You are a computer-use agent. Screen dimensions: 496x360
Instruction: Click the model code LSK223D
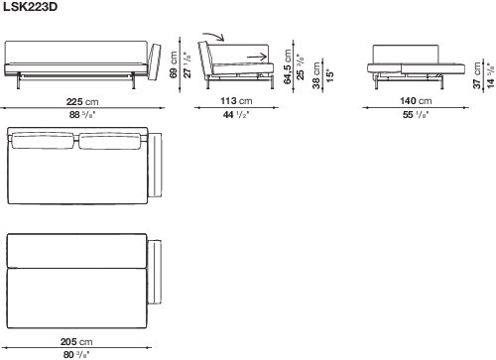(30, 7)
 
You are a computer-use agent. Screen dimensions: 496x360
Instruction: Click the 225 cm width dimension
(82, 101)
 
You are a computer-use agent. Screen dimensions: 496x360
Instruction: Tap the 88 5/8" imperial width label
(82, 115)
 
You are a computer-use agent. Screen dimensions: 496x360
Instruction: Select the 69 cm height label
(174, 64)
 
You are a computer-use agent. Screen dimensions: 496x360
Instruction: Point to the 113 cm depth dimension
(236, 100)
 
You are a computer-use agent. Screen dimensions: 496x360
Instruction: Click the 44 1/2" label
(236, 115)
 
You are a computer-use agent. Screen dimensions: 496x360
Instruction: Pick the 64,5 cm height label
(287, 66)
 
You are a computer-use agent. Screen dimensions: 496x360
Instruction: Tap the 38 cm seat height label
(316, 75)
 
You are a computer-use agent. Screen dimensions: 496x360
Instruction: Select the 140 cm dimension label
(416, 100)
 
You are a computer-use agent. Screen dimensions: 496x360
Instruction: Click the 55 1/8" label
(416, 115)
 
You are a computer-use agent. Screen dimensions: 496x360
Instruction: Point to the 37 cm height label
(477, 75)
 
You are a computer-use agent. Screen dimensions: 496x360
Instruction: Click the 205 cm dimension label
(76, 341)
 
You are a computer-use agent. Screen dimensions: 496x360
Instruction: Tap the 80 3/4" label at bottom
(76, 355)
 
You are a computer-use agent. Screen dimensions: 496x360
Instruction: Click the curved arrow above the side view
(213, 36)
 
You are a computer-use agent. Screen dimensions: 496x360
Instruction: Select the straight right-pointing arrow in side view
(257, 57)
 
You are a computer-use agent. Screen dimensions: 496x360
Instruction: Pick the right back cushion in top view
(110, 141)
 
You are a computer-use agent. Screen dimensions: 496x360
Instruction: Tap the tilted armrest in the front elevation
(154, 61)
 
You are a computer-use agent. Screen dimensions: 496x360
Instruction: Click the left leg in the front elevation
(18, 81)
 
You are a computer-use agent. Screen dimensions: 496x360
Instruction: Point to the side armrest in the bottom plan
(155, 272)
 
